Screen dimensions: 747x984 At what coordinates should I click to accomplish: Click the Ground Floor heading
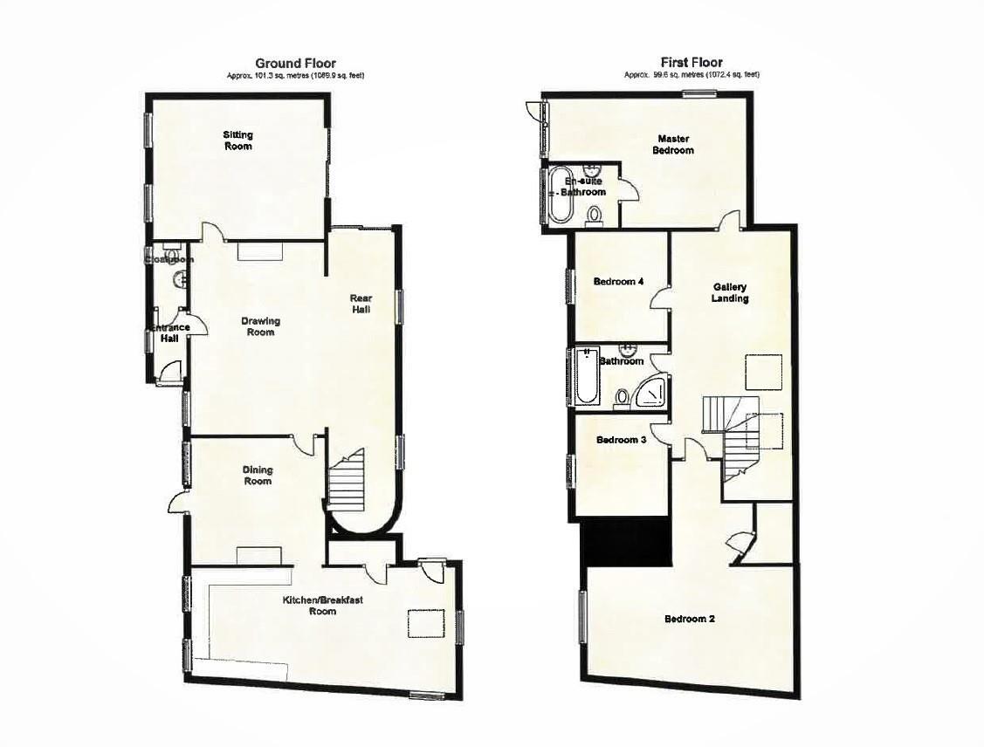point(295,63)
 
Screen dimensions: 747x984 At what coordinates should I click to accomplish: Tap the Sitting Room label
point(237,140)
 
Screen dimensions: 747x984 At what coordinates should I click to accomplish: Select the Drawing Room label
point(261,326)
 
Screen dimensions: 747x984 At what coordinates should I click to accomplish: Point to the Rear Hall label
point(362,304)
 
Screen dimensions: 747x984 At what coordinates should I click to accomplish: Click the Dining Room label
point(257,475)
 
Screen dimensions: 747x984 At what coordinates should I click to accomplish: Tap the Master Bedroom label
point(675,144)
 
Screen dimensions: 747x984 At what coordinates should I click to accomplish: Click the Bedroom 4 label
point(618,282)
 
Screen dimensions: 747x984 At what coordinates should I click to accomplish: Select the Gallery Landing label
point(730,292)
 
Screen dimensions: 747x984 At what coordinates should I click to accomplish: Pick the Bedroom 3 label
point(621,441)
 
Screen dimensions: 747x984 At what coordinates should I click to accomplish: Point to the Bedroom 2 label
point(690,620)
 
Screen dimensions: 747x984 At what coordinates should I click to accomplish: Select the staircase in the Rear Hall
point(347,483)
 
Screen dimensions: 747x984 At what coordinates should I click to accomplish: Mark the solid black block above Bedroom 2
point(625,541)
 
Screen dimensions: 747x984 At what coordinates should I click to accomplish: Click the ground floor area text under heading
point(295,76)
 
